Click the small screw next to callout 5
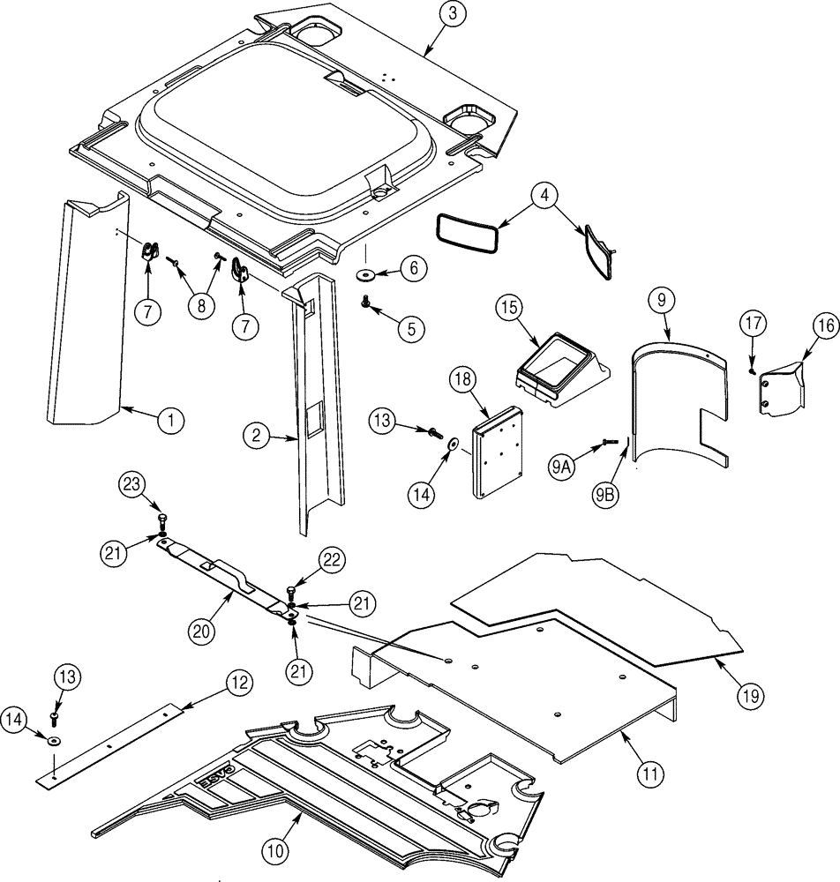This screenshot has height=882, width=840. tap(364, 303)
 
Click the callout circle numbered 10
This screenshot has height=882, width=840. tap(274, 851)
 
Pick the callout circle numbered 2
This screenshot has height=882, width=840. tap(254, 434)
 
